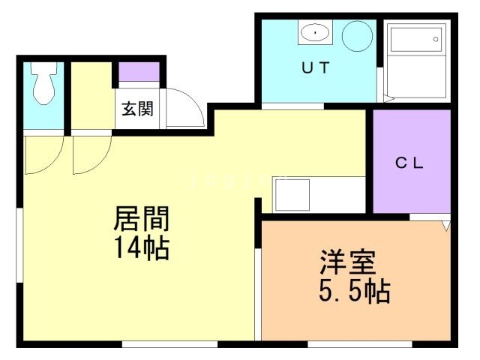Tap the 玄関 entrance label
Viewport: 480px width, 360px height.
tap(138, 109)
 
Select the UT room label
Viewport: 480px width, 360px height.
tap(315, 67)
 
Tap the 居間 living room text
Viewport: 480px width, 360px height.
tap(142, 219)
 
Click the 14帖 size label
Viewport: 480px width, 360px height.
tap(142, 247)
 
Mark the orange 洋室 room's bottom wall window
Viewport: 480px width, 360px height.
tap(359, 344)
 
